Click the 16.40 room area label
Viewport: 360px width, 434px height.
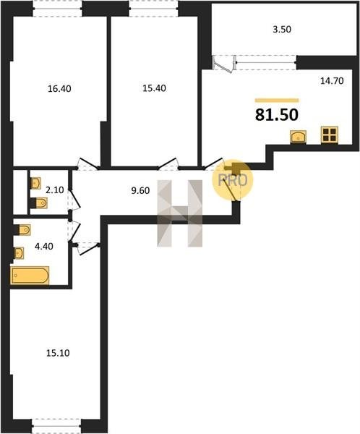coord(59,88)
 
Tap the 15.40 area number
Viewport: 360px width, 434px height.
coord(154,88)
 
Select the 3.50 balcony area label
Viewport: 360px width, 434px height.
coord(282,29)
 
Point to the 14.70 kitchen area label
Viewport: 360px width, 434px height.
coord(332,80)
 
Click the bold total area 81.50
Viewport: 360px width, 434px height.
coord(277,114)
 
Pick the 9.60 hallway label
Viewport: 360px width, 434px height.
coord(140,190)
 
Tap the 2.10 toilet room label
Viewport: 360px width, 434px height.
coord(55,190)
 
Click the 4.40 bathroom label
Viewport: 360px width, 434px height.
coord(43,246)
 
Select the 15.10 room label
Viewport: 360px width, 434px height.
coord(58,353)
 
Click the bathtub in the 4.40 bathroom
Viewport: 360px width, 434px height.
coord(30,276)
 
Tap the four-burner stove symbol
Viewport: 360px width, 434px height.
coord(330,135)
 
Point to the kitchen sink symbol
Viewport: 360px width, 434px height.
coord(298,137)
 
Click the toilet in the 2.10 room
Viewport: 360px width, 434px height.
coord(39,203)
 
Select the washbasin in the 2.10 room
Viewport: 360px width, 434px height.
coord(35,183)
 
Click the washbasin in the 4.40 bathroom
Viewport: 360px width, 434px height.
coord(19,253)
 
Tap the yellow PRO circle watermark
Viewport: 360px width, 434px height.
coord(233,180)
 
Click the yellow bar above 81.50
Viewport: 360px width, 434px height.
coord(277,101)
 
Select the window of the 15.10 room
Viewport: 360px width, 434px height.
coord(56,426)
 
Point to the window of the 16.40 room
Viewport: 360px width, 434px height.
coord(58,9)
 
